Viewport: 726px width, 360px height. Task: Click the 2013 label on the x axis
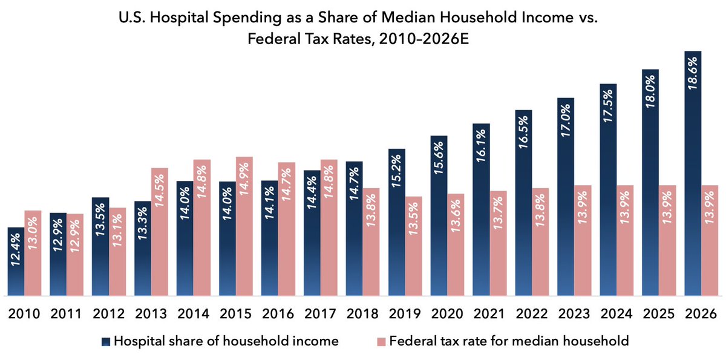click(x=151, y=314)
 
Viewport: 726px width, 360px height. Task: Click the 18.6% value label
click(x=693, y=73)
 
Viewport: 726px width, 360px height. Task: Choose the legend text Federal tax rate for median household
click(x=509, y=341)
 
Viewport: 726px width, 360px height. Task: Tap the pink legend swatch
click(x=381, y=341)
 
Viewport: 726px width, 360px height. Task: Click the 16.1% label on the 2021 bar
click(x=481, y=148)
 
